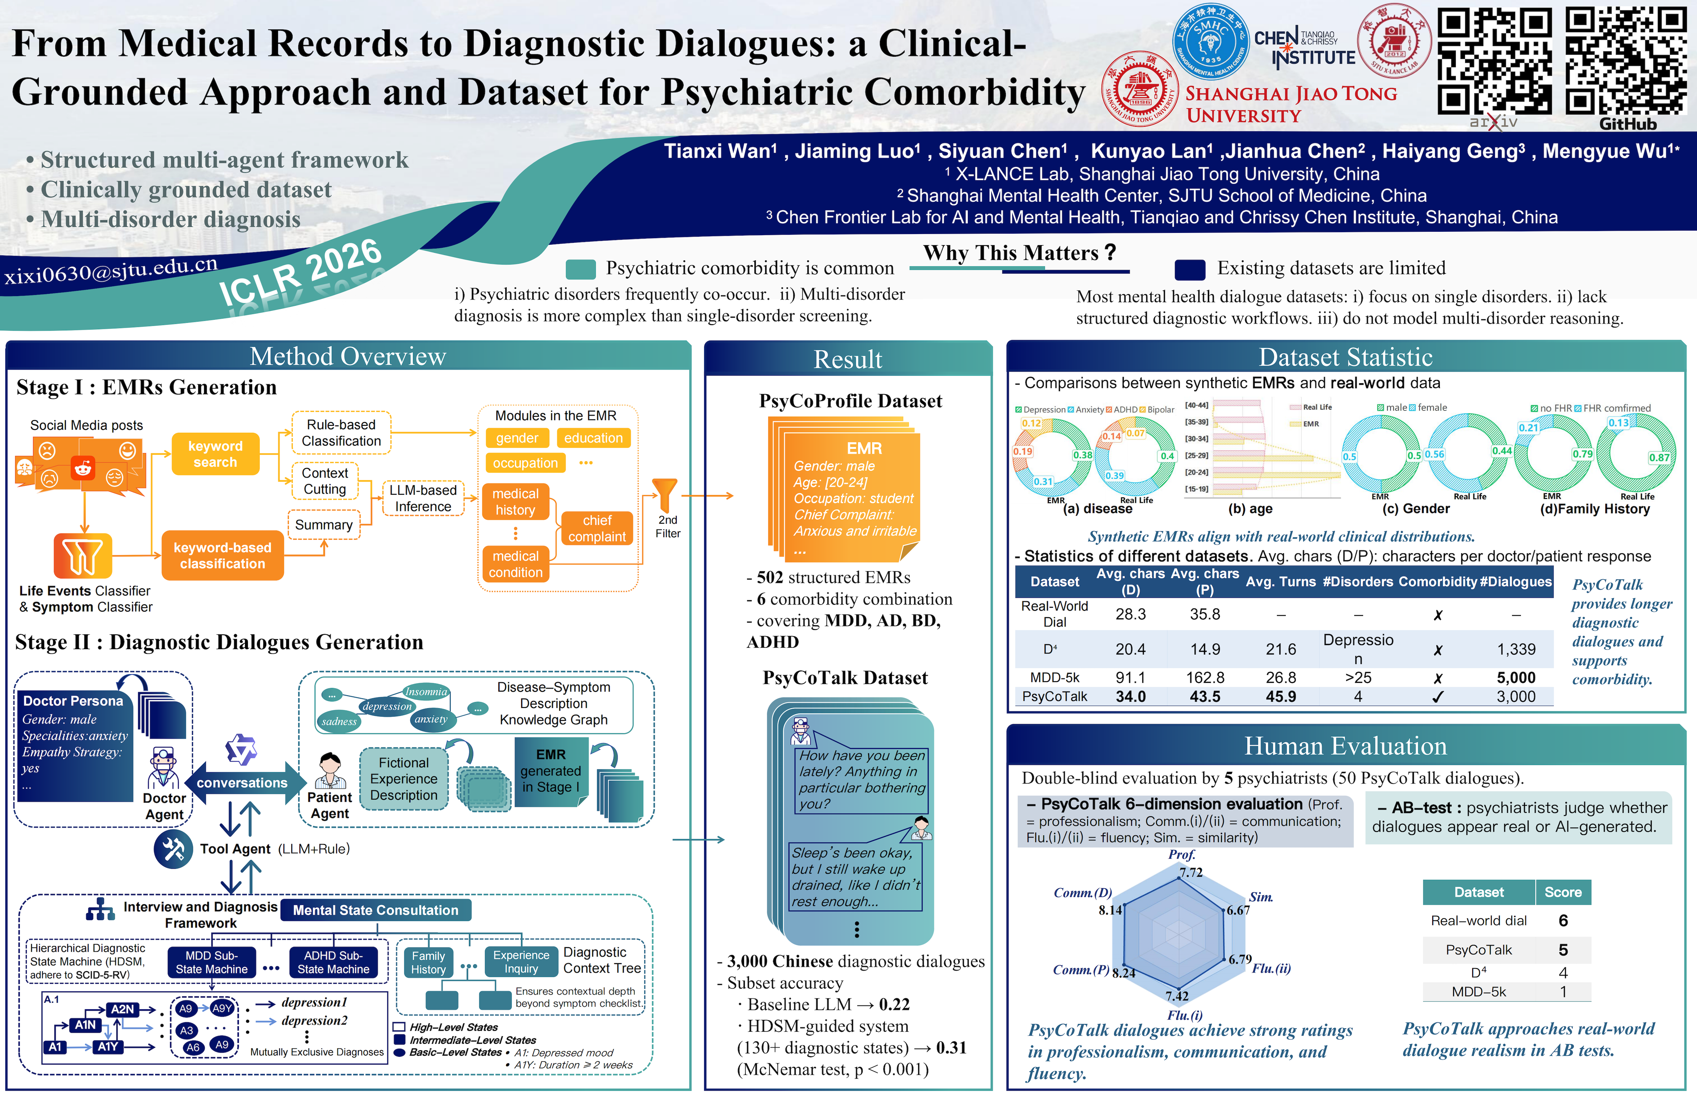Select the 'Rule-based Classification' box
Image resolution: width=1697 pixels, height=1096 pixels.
click(341, 433)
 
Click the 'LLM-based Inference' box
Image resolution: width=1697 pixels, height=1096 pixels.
click(423, 498)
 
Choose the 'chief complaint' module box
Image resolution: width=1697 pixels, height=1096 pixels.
click(597, 528)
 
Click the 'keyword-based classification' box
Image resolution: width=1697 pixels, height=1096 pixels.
click(223, 555)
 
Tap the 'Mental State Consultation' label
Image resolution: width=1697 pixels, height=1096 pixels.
click(375, 910)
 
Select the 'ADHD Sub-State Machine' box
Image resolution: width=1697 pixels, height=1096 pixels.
click(334, 962)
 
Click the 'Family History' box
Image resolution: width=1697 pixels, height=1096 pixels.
click(428, 962)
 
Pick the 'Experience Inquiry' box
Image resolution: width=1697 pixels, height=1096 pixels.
click(521, 962)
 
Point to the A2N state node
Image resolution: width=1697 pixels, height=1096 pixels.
click(122, 1009)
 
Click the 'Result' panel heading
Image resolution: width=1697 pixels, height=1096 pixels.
click(848, 359)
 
